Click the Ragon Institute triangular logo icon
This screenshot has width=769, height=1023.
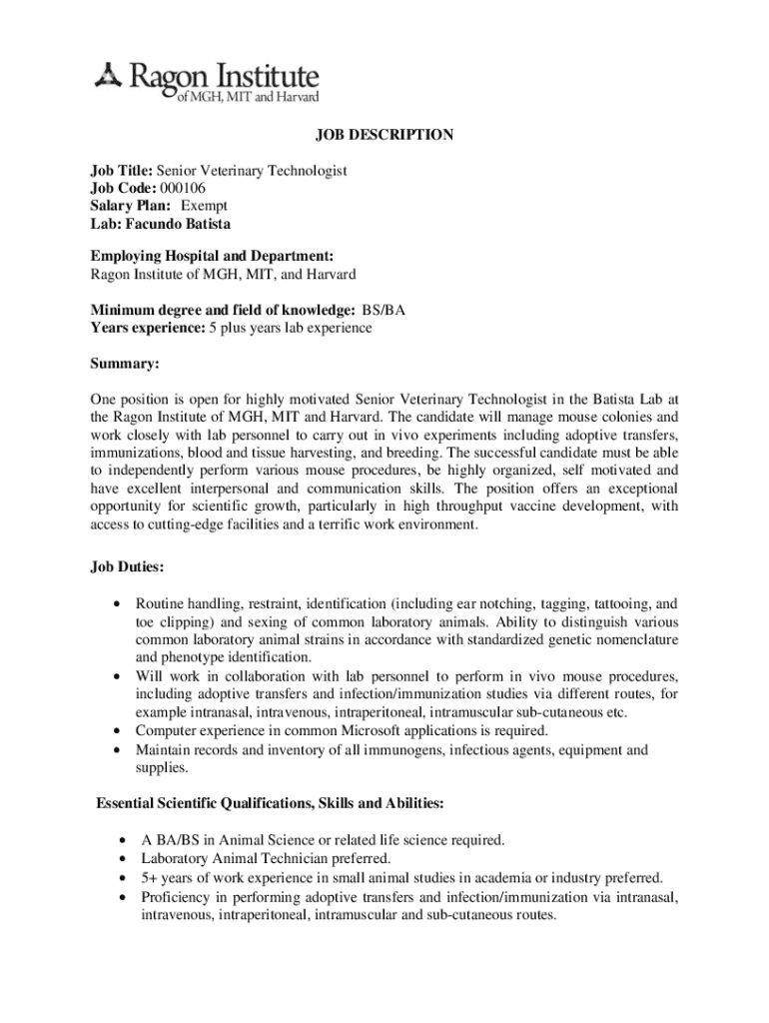point(107,75)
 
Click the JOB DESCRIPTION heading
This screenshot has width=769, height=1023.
point(385,135)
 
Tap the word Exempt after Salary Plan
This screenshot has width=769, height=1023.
point(204,206)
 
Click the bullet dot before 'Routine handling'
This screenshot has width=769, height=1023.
point(120,604)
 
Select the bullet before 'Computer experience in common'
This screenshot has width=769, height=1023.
point(120,730)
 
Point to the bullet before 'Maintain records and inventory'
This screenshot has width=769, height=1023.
point(120,749)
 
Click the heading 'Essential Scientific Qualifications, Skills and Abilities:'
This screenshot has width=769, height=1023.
point(270,803)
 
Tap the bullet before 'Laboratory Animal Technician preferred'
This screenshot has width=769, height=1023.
point(120,858)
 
